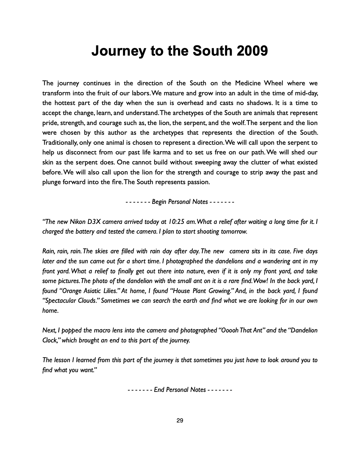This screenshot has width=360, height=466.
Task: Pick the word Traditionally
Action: pyautogui.click(x=60, y=142)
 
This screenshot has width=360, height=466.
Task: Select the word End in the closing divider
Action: pyautogui.click(x=159, y=390)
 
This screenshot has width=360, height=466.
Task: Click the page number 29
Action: pyautogui.click(x=180, y=421)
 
